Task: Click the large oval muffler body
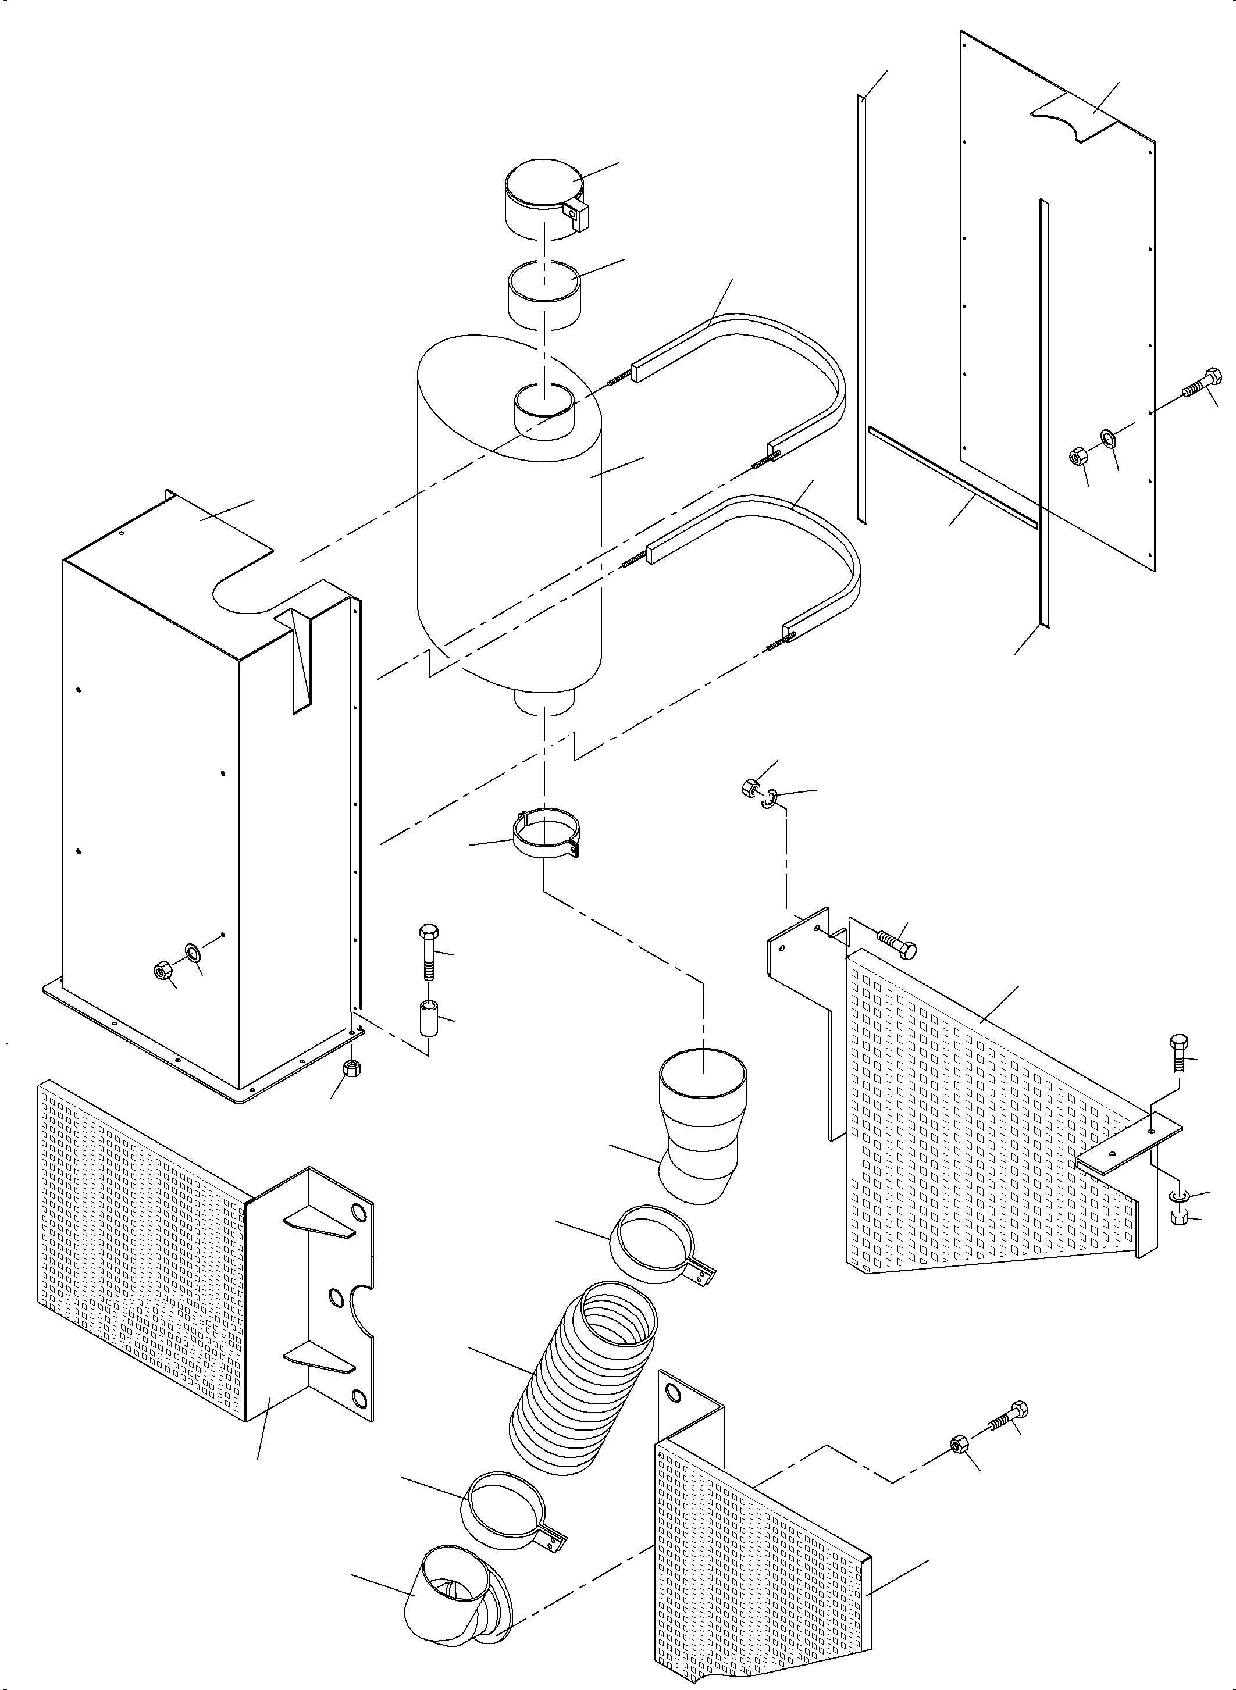[x=509, y=539]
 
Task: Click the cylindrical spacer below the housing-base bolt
[x=429, y=1019]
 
